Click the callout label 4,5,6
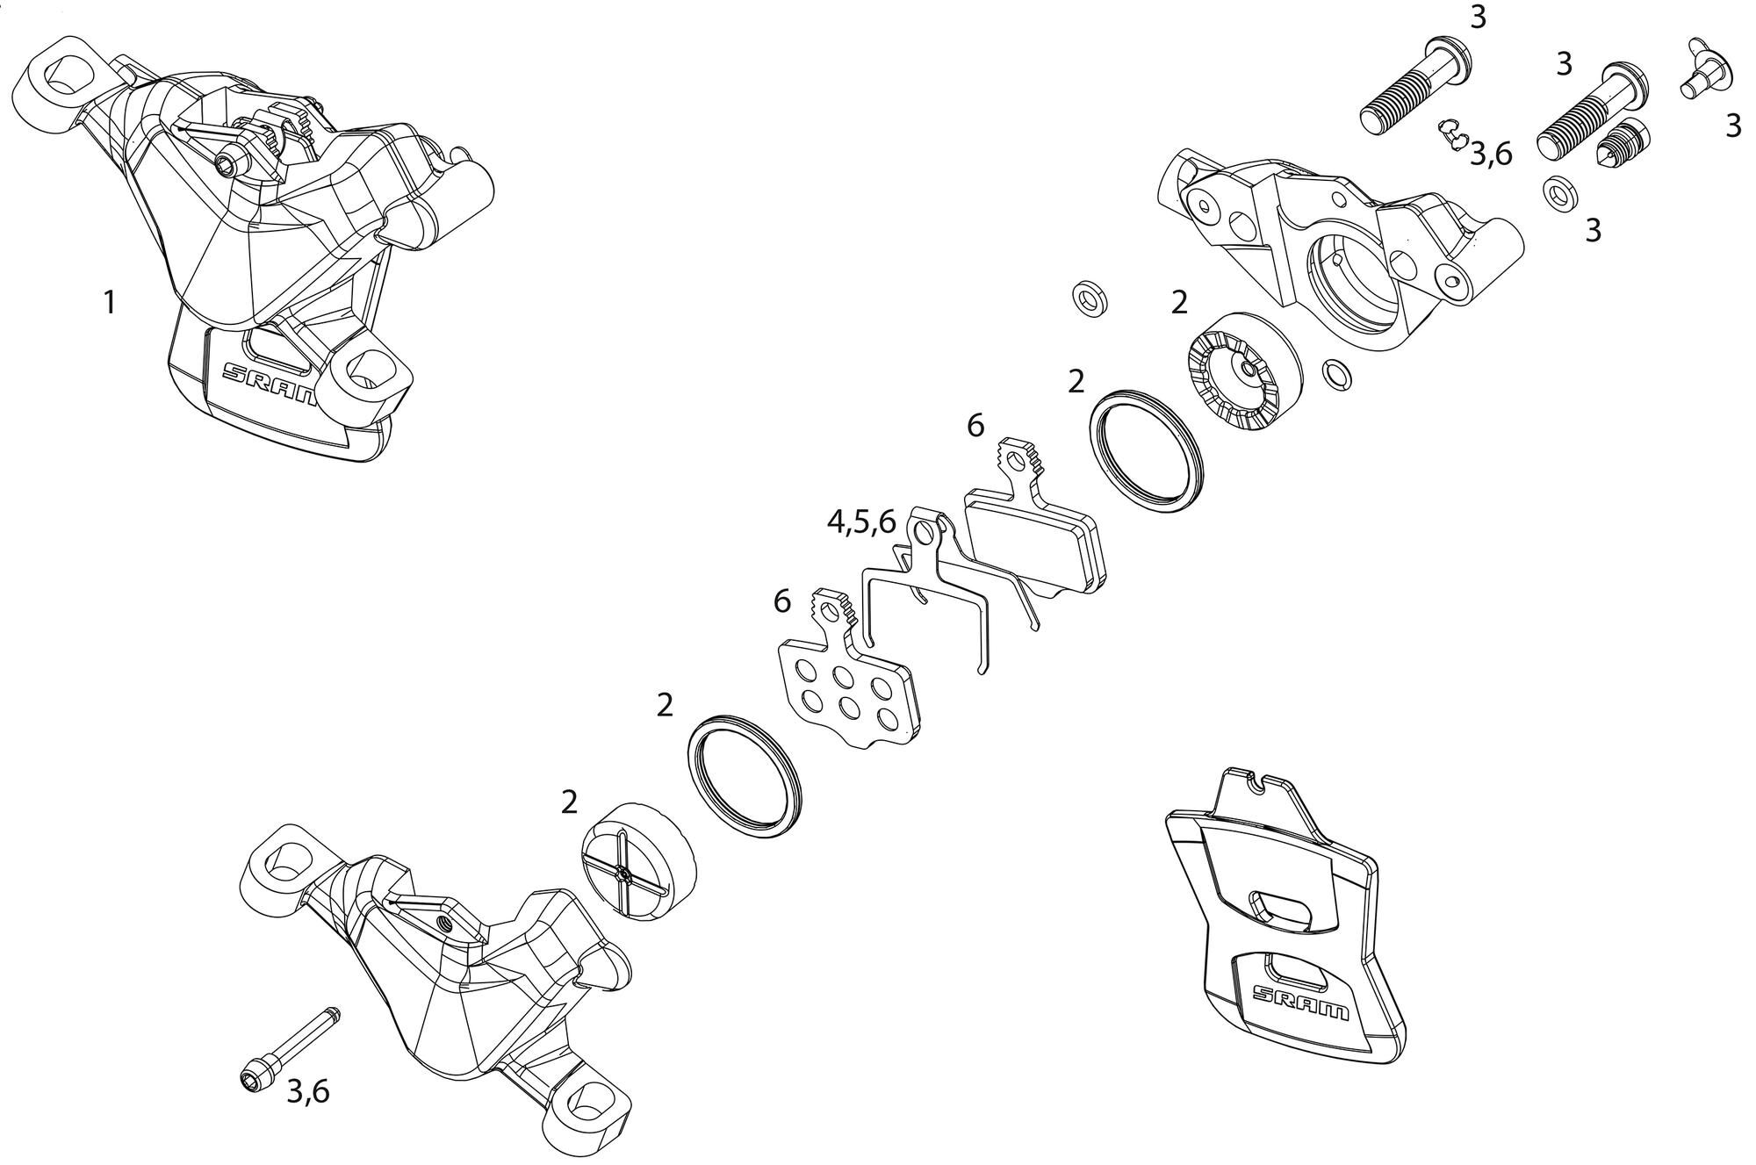[x=861, y=522]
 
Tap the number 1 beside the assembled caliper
[x=109, y=303]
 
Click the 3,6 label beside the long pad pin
[x=308, y=1091]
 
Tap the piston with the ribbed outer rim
[x=1246, y=373]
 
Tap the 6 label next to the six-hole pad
[x=782, y=601]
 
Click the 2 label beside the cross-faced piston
[x=570, y=802]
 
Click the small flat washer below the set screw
[x=1559, y=195]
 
